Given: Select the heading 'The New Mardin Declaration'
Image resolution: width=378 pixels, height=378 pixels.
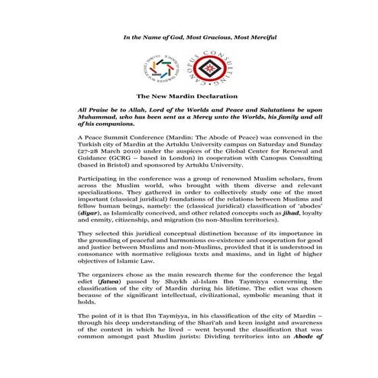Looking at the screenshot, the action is point(187,97).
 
